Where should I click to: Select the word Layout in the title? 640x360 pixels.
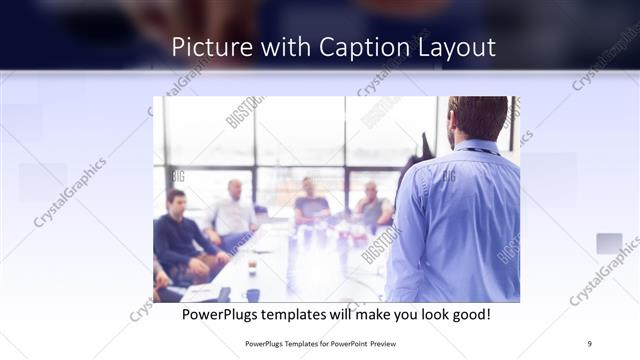click(x=455, y=48)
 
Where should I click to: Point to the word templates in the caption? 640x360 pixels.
click(x=307, y=315)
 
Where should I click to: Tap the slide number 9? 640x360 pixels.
click(x=590, y=343)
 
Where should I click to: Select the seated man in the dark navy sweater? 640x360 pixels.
click(x=178, y=235)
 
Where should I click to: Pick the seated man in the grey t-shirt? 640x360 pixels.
click(x=310, y=205)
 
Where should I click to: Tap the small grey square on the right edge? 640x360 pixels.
click(x=609, y=244)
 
